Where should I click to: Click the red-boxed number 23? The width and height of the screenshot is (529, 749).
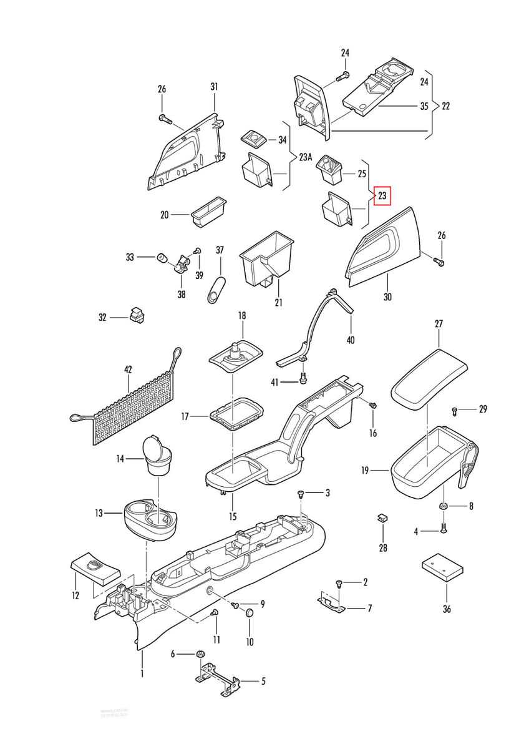click(382, 196)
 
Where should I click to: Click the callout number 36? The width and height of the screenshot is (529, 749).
click(446, 609)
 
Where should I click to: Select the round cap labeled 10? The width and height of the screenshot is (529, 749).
click(250, 614)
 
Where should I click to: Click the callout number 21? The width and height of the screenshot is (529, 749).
click(278, 303)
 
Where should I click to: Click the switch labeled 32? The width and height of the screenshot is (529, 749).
click(137, 315)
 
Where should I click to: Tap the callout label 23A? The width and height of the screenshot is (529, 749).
click(305, 157)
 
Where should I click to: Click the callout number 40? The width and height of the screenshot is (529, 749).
click(351, 340)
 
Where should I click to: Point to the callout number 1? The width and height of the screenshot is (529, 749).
click(142, 674)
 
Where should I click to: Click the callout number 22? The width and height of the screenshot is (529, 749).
click(446, 106)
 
